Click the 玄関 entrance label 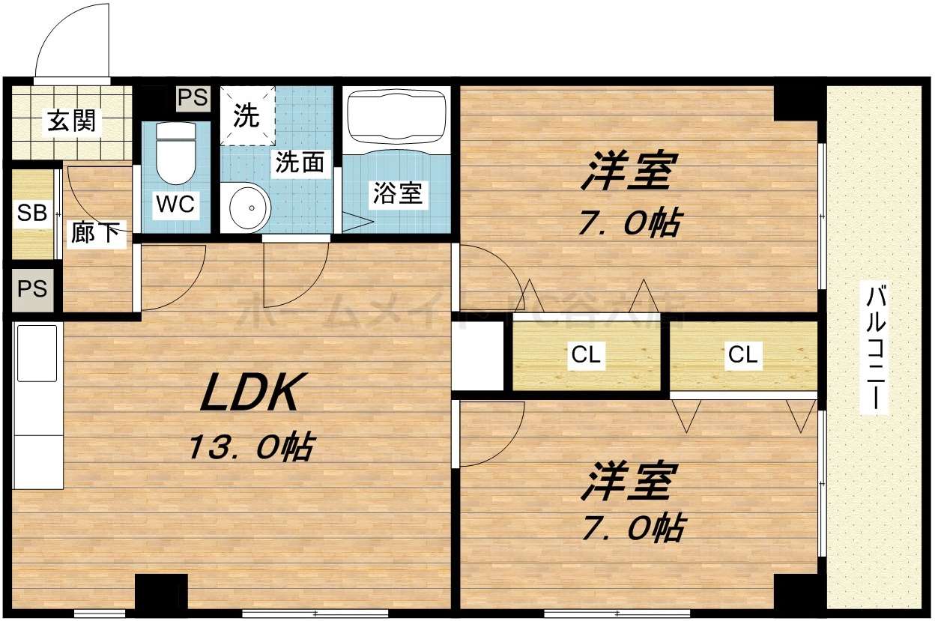tap(72, 121)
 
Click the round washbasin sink tap(248, 206)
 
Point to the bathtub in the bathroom tap(396, 117)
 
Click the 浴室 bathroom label tap(397, 194)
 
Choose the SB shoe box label tap(32, 213)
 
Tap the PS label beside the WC tap(193, 97)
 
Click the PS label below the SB tap(32, 288)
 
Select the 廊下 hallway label tap(95, 233)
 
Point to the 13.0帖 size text tap(249, 448)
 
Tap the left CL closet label tap(585, 355)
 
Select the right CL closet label tap(742, 355)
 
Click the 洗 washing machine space tap(246, 115)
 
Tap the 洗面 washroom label tap(299, 163)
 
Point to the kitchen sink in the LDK tap(37, 352)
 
